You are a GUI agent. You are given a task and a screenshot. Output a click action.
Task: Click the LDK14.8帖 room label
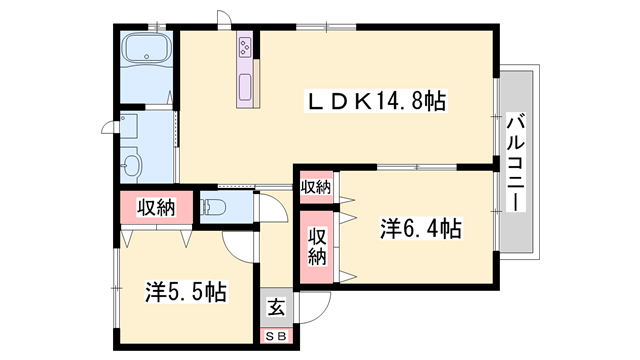coord(376,101)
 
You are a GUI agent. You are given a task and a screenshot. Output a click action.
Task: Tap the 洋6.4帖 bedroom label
coord(421,229)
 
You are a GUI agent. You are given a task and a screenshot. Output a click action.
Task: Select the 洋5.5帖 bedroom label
coord(186,291)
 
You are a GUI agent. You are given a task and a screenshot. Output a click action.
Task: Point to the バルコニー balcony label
coord(516,162)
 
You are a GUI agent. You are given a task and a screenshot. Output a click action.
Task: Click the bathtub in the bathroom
coord(147,48)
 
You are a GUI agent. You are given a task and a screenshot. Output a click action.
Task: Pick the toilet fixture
coord(213,207)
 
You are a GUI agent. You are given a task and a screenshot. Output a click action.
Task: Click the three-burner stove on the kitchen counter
coord(245,46)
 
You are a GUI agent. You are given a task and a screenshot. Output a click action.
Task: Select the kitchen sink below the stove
coord(245,87)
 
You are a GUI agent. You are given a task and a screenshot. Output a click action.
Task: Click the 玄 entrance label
coord(276,307)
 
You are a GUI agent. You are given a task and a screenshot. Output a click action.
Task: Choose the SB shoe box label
coord(276,336)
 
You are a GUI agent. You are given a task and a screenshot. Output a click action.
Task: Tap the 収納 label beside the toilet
coord(156,208)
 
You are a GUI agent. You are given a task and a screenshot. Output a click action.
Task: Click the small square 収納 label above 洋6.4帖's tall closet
coord(316,187)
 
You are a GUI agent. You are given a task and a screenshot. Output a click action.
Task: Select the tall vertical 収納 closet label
coord(317,247)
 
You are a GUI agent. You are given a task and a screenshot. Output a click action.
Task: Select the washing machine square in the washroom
coord(129,127)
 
